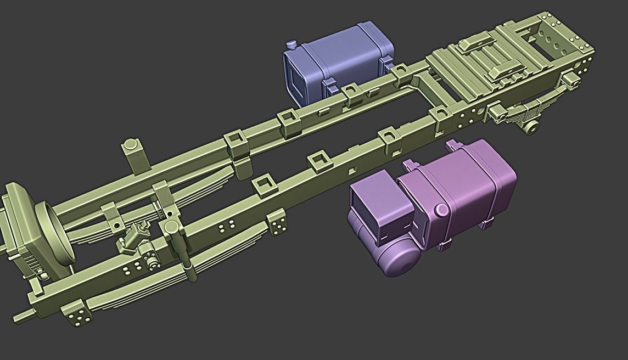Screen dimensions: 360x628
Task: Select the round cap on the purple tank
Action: coord(441,210)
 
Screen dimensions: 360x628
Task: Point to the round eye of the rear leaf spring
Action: coord(531,127)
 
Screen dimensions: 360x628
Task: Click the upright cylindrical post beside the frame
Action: coord(132,155)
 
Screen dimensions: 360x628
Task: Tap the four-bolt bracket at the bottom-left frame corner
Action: coord(78,316)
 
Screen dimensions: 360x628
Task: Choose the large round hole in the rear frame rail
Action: coord(481,110)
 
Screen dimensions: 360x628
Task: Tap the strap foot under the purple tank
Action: coord(485,224)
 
